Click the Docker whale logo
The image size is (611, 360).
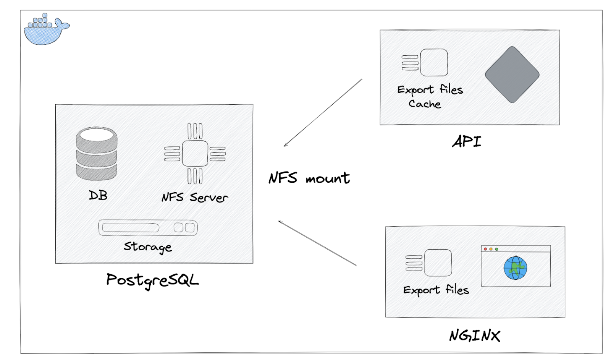[45, 30]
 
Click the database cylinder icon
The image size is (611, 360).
[97, 154]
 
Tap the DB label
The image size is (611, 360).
[98, 195]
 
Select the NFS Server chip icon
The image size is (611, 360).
[195, 154]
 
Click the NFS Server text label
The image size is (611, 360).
[195, 198]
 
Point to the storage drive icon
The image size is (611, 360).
[148, 228]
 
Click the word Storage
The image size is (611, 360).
[148, 247]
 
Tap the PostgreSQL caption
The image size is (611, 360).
[152, 280]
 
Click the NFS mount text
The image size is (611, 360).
[309, 178]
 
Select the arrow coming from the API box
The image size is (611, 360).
[323, 113]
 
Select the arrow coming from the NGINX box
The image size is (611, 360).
[317, 243]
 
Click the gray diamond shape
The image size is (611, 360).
[512, 75]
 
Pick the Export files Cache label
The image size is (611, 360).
[430, 96]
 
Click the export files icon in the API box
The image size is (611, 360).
[425, 63]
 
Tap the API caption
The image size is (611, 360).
[466, 142]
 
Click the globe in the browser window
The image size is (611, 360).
[515, 268]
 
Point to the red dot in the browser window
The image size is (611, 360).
[485, 249]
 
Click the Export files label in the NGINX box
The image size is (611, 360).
[436, 290]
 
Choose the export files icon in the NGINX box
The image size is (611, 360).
[429, 263]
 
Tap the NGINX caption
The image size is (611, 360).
[475, 336]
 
